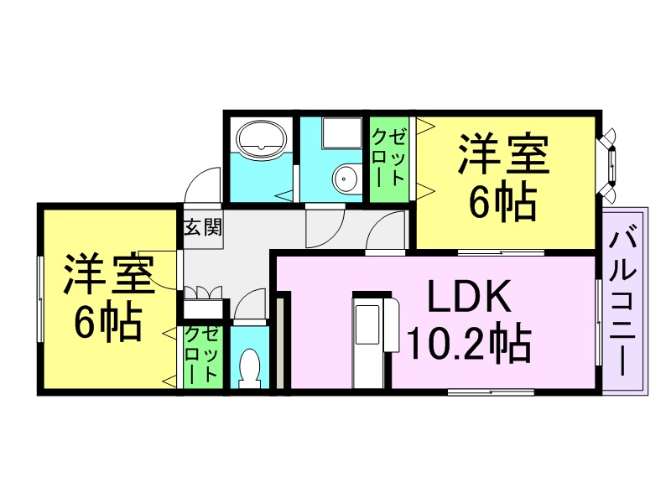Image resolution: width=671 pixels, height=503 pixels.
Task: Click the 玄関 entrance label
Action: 203,227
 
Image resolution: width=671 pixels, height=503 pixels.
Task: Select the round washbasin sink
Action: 346,179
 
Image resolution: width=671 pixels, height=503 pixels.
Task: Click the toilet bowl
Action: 249,368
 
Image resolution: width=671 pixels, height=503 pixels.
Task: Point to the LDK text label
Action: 469,297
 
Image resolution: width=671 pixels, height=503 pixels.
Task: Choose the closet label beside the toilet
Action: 203,355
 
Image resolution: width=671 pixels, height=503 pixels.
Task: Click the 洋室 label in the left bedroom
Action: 109,274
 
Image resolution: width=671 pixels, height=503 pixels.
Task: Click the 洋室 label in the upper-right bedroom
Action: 503,154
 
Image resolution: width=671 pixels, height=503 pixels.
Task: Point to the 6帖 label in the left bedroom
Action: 108,322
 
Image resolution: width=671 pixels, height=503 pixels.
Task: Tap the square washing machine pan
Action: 341,133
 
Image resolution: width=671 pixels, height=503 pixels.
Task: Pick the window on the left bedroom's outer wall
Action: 40,298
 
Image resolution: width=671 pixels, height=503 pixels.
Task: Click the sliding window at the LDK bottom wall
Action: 491,392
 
